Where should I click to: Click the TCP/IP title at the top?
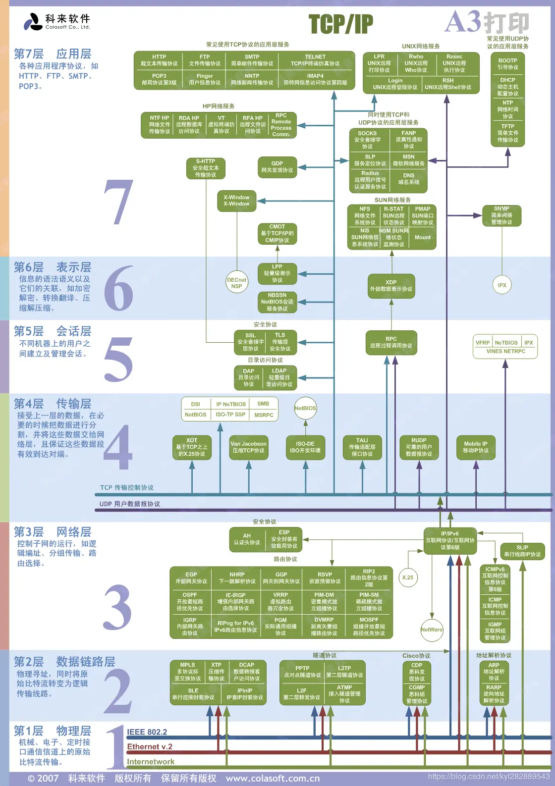[x=340, y=24]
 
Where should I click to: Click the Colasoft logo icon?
[x=33, y=22]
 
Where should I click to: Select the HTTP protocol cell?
[x=159, y=60]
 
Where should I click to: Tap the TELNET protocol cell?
[x=315, y=60]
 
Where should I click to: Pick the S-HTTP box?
[x=206, y=168]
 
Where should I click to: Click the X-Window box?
[x=236, y=201]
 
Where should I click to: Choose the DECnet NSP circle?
[x=236, y=283]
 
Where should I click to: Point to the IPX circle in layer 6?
[x=502, y=285]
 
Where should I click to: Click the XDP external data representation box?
[x=391, y=286]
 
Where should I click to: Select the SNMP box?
[x=501, y=215]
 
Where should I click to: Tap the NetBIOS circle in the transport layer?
[x=305, y=408]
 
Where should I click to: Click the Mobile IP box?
[x=475, y=447]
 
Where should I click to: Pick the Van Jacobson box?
[x=248, y=447]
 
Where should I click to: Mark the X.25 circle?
[x=407, y=577]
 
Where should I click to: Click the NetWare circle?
[x=432, y=629]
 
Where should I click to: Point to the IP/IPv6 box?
[x=450, y=540]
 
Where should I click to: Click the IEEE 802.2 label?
[x=147, y=732]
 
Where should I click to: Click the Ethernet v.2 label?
[x=150, y=747]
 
